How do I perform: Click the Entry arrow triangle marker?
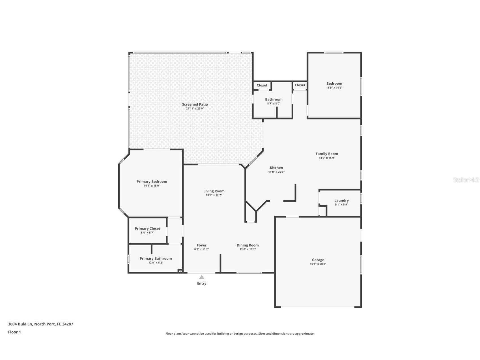point(201,277)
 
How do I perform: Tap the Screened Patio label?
point(195,104)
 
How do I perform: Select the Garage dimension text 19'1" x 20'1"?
point(318,264)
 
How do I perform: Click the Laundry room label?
point(341,200)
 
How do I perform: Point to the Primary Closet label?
point(147,228)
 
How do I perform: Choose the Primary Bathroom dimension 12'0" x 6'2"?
point(156,263)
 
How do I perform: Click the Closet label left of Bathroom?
point(262,85)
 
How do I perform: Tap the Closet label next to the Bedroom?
point(300,85)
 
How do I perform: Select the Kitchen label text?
point(276,168)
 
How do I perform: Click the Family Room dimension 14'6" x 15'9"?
point(327,158)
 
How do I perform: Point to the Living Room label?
point(214,191)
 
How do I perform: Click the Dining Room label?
point(247,245)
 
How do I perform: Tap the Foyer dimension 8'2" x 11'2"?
point(201,249)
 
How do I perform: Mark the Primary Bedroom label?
point(152,181)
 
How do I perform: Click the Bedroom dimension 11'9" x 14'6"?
point(334,88)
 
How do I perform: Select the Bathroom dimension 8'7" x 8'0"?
point(274,104)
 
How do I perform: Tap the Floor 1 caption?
point(14,332)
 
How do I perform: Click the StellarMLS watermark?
point(466,180)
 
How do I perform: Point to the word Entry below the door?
point(201,283)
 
